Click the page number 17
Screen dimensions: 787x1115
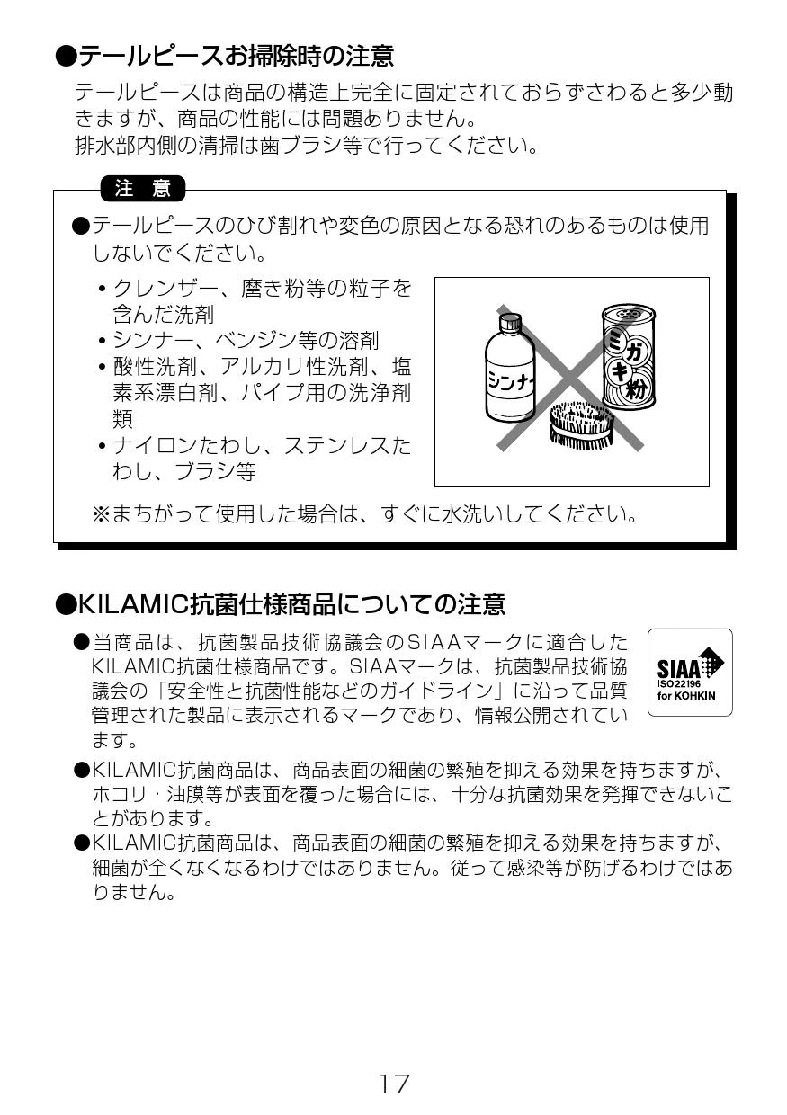coord(394,1084)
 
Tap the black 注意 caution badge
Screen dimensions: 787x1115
coord(143,189)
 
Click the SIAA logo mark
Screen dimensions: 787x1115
coord(690,672)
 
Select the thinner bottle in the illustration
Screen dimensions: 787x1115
coord(509,368)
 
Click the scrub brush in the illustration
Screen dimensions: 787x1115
coord(581,424)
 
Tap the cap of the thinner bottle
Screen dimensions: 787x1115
coord(509,323)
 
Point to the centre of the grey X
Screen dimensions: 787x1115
coord(570,379)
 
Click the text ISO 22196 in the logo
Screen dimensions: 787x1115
coord(678,684)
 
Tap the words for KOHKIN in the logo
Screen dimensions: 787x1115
coord(686,695)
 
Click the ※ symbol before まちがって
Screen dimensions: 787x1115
coord(102,514)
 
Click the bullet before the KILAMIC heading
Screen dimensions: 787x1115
coord(66,604)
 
